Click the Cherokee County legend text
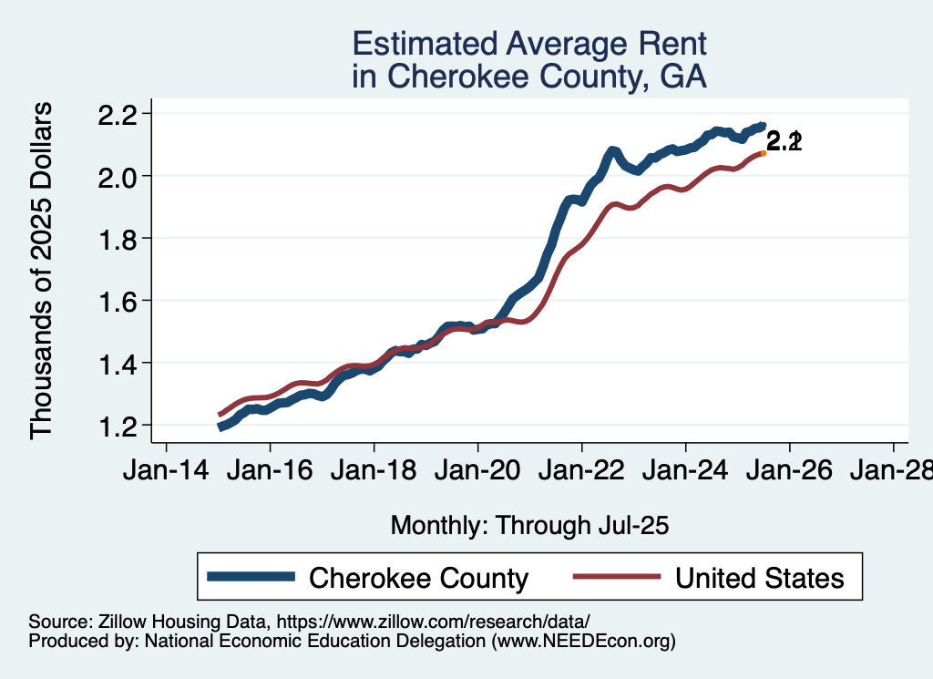(419, 578)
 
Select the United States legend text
(759, 578)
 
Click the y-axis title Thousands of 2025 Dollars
(43, 271)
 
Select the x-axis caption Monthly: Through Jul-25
(529, 525)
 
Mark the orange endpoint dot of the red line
(763, 153)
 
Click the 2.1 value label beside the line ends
(784, 141)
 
